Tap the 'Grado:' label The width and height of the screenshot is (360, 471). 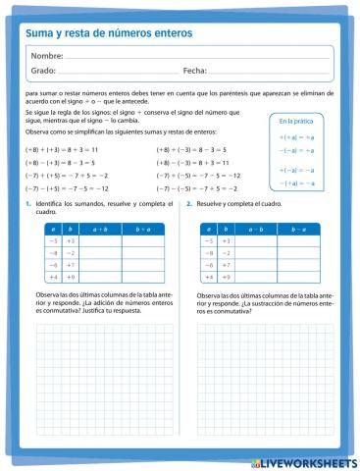(43, 72)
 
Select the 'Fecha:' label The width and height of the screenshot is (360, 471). (194, 72)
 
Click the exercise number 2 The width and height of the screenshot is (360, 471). (188, 203)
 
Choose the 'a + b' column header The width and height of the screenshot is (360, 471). (100, 228)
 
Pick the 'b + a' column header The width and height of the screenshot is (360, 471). (142, 228)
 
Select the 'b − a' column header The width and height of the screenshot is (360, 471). (302, 228)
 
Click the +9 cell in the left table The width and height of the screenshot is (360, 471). (71, 278)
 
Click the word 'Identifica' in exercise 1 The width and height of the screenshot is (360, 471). (50, 203)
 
